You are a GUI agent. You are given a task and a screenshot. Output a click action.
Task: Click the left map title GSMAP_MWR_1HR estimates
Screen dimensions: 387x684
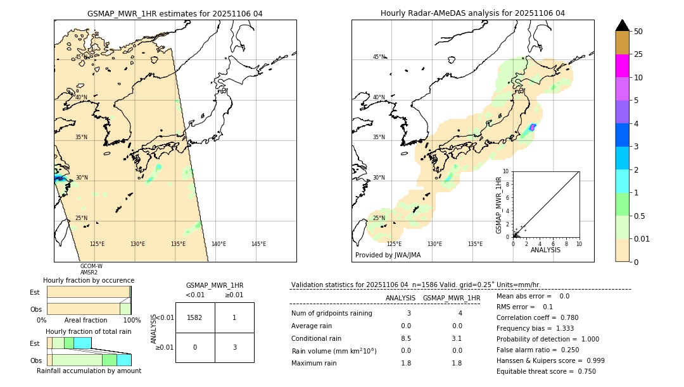tap(175, 13)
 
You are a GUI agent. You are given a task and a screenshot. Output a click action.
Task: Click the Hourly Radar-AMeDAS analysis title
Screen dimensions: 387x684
tap(472, 13)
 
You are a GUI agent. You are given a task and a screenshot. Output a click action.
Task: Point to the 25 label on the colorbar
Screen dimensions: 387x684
tap(638, 54)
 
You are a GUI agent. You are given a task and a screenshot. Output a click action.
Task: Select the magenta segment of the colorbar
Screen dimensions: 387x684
tap(622, 66)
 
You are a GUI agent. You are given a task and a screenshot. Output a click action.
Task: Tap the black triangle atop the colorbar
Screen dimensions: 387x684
tap(622, 25)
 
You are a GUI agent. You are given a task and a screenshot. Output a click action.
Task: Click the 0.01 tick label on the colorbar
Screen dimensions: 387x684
tap(642, 238)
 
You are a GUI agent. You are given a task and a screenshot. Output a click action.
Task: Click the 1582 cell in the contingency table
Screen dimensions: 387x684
tap(195, 317)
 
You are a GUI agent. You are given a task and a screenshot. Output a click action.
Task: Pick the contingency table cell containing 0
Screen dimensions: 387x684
tap(195, 347)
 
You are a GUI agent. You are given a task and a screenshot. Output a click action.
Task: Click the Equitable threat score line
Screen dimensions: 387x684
tap(546, 371)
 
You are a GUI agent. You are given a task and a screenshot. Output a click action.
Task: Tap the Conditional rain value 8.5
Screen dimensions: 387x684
tap(405, 338)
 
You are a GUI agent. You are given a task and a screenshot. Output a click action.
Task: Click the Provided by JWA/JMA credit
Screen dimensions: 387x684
tap(388, 255)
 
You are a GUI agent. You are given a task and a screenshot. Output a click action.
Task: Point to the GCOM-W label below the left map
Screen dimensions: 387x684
tap(91, 266)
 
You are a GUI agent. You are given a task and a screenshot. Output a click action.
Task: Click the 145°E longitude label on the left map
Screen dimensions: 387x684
tap(258, 244)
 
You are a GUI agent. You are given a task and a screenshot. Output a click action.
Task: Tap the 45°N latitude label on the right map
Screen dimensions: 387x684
tap(379, 57)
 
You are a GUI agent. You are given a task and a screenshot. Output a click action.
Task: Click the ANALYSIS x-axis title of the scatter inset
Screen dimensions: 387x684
tap(545, 250)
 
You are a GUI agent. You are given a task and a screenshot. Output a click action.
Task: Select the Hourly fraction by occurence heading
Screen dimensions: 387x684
tap(89, 280)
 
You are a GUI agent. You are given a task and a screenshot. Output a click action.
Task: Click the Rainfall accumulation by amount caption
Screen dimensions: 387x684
tap(89, 371)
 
